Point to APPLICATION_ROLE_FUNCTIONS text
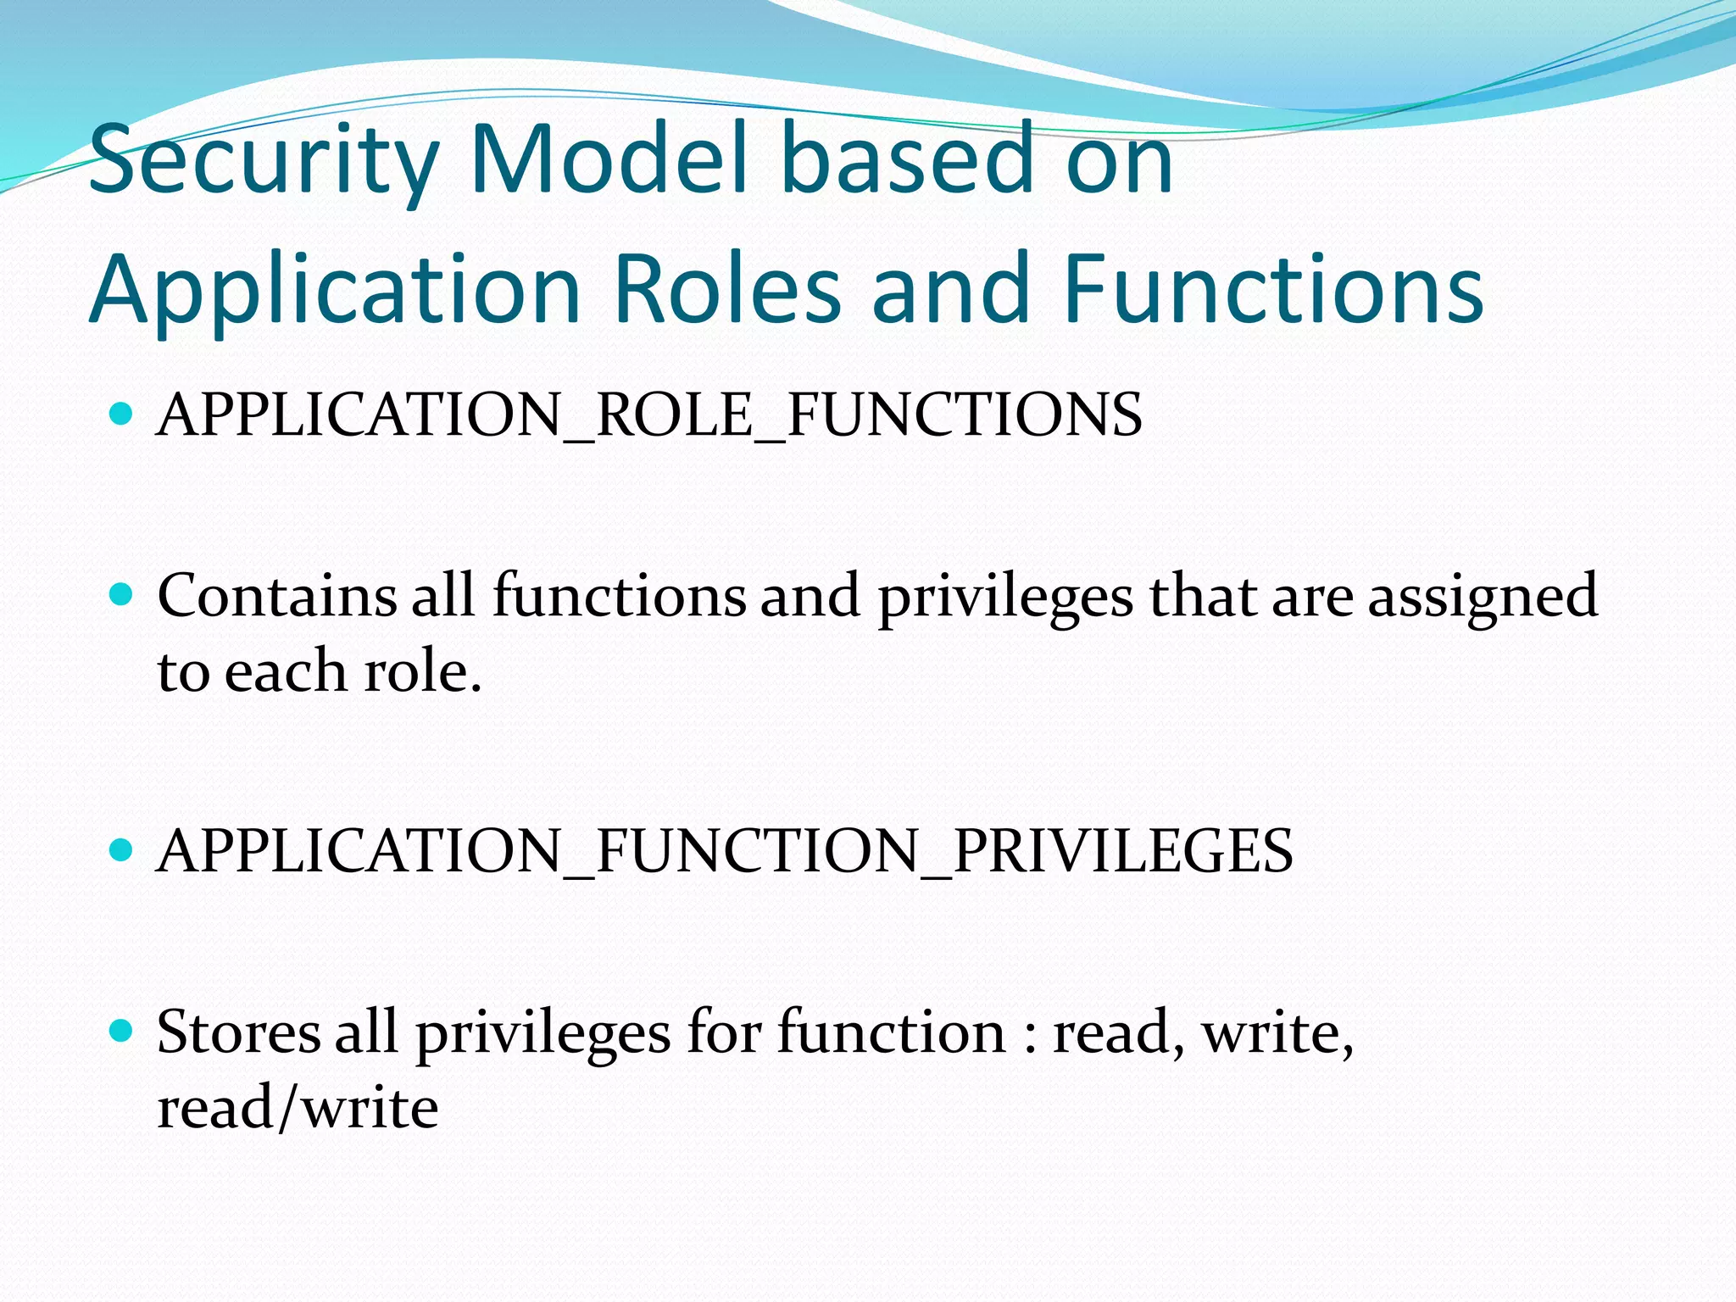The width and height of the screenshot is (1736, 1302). tap(649, 415)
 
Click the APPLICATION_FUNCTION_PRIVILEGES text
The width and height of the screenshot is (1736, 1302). tap(725, 851)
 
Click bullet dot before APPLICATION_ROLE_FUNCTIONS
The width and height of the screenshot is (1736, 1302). tap(122, 414)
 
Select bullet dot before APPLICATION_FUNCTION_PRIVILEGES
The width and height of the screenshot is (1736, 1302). tap(122, 849)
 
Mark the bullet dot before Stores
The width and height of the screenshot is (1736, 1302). tap(122, 1031)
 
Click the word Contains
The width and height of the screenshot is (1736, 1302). tap(276, 595)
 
